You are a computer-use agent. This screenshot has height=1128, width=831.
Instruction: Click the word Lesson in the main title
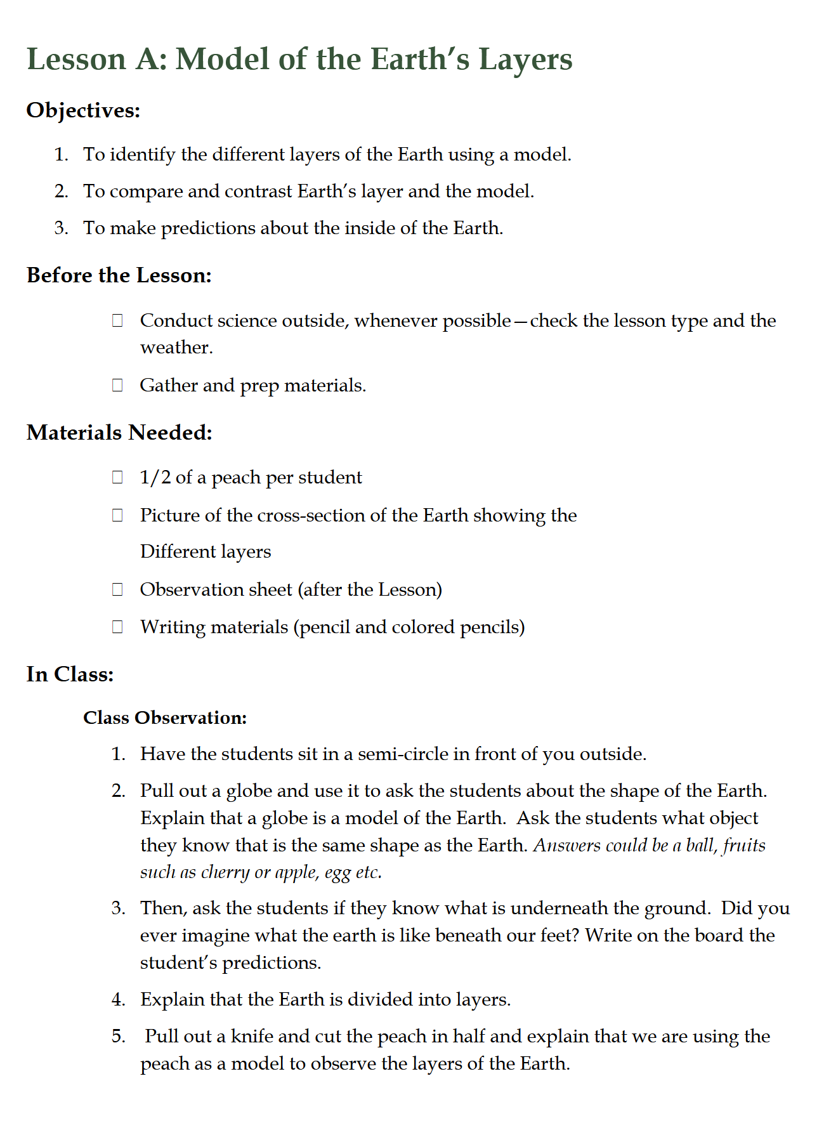[77, 59]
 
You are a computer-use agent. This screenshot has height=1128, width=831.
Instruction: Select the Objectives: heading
[83, 110]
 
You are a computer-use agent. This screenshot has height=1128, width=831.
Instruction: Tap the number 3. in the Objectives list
[61, 228]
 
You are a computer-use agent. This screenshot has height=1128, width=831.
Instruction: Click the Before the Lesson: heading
[119, 275]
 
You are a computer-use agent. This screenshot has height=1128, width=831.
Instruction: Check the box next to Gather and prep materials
[117, 385]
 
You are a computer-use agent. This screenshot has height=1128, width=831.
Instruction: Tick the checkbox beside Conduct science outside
[117, 320]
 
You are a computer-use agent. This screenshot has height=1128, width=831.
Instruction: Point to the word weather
[176, 348]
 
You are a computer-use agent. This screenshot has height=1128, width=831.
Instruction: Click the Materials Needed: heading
[119, 433]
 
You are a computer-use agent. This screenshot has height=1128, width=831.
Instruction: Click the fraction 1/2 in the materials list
[155, 477]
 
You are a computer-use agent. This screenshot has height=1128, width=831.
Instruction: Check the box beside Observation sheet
[117, 589]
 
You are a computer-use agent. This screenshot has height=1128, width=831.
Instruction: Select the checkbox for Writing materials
[117, 627]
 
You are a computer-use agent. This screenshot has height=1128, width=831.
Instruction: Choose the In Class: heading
[70, 674]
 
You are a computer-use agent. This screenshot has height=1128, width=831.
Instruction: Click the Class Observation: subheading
[165, 718]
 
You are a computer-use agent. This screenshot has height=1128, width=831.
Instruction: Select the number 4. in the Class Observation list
[119, 1000]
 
